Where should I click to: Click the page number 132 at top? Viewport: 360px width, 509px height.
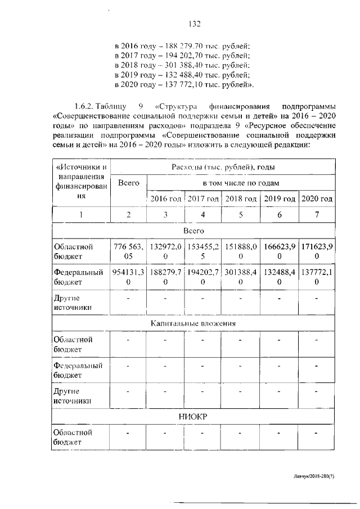point(195,24)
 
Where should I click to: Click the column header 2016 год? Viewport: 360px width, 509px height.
point(165,199)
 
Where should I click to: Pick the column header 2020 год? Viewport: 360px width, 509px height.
point(317,199)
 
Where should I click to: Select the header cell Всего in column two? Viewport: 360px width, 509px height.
point(129,183)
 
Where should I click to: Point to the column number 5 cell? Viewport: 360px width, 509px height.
point(241,215)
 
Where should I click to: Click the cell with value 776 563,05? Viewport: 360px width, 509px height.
point(129,251)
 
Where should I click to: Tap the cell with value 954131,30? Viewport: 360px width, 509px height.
point(129,277)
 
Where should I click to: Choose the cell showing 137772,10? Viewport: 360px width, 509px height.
point(317,277)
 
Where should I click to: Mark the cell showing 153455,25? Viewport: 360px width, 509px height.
point(203,251)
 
